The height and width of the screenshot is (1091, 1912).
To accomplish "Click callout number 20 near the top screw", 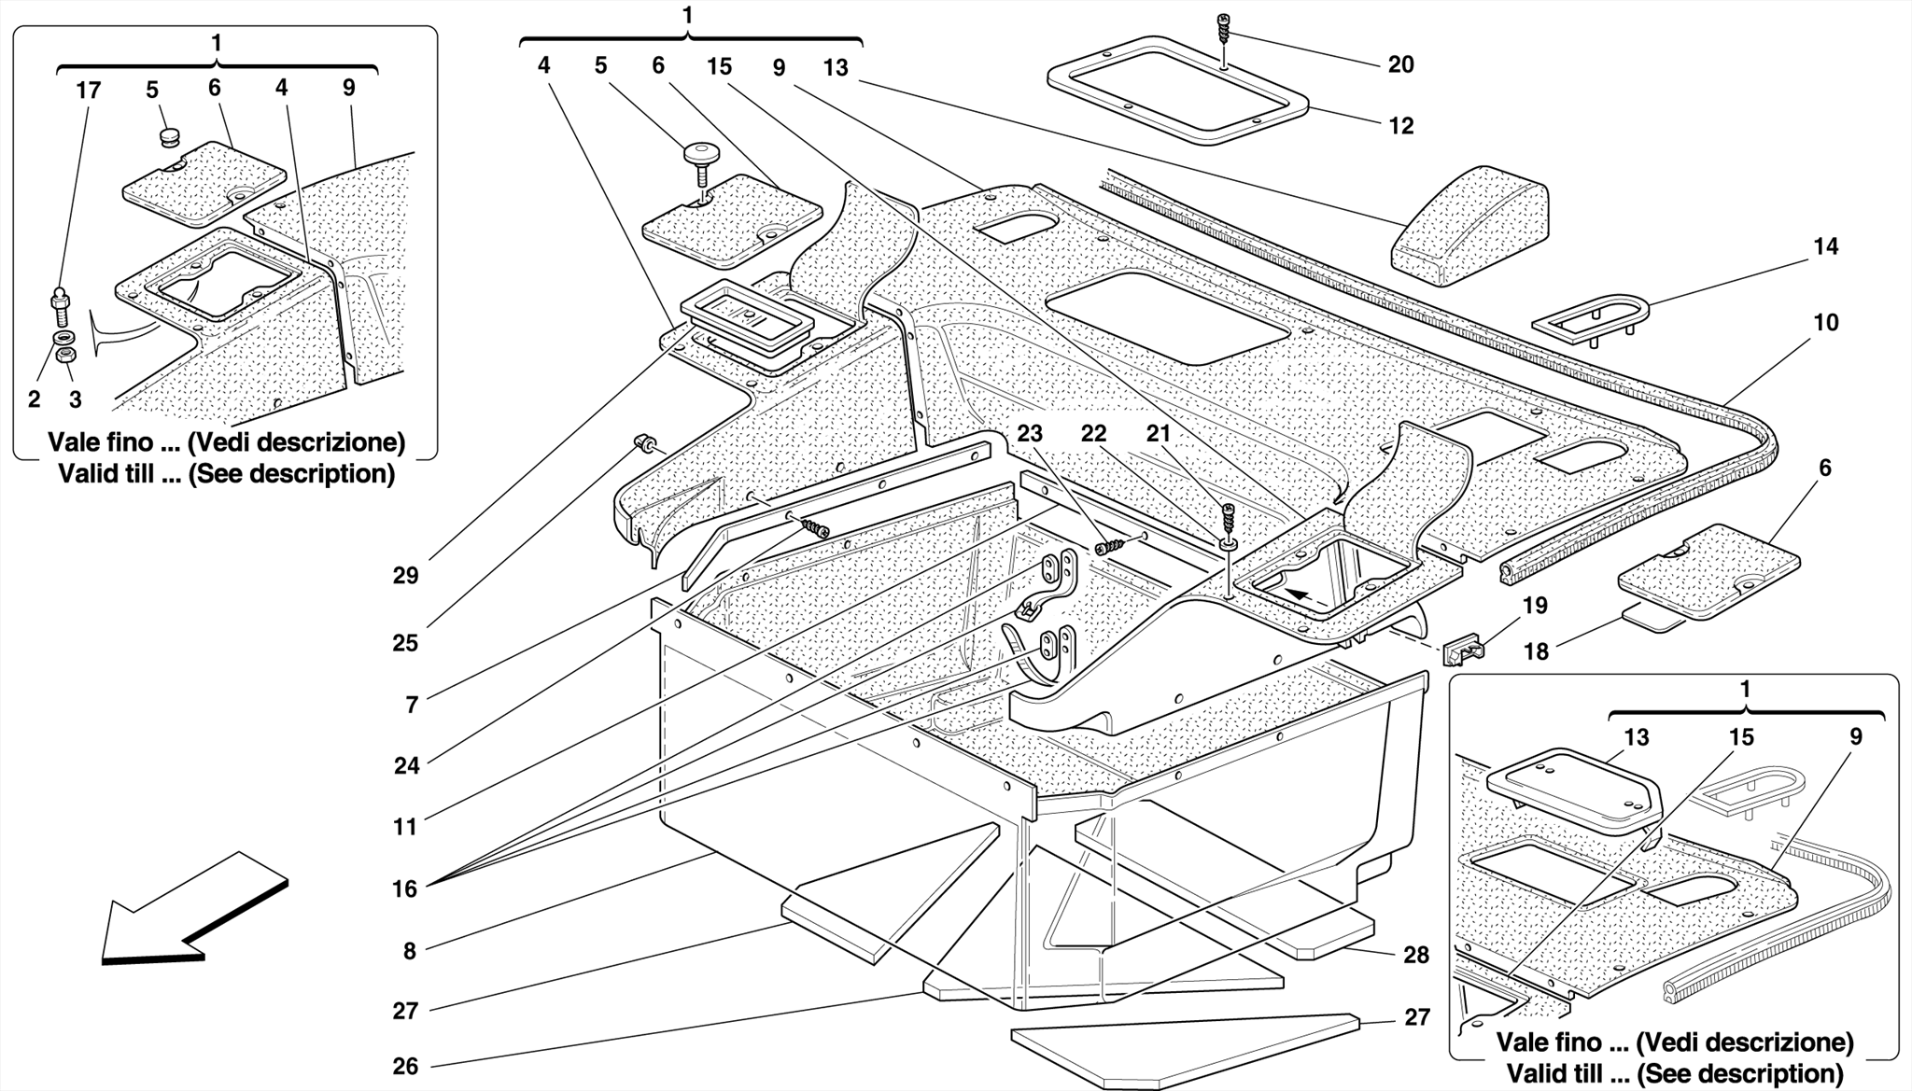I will click(x=1400, y=64).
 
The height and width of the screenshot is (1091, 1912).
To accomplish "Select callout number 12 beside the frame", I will click(x=1400, y=126).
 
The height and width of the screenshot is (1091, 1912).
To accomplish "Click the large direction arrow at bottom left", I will click(x=191, y=910).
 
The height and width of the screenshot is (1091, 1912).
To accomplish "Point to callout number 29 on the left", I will click(x=405, y=576).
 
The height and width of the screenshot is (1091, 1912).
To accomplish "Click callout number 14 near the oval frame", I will click(x=1825, y=246).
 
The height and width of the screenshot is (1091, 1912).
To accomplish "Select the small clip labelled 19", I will click(x=1463, y=648).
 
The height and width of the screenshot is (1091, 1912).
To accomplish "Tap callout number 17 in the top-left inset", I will click(x=88, y=91).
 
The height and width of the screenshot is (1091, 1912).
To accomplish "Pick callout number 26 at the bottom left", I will click(x=405, y=1066).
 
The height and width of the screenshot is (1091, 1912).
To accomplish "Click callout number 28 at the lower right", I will click(x=1416, y=955).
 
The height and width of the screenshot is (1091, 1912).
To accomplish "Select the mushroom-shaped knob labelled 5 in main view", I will click(x=697, y=158).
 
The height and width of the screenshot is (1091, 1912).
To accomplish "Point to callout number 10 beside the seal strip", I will click(x=1825, y=323).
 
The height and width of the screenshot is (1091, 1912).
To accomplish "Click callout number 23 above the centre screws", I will click(x=1030, y=434).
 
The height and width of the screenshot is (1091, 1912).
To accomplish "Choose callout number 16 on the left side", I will click(x=404, y=888).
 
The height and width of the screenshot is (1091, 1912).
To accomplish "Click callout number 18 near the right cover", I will click(x=1536, y=651).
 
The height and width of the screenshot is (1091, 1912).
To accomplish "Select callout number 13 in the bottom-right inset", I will click(x=1636, y=737).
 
